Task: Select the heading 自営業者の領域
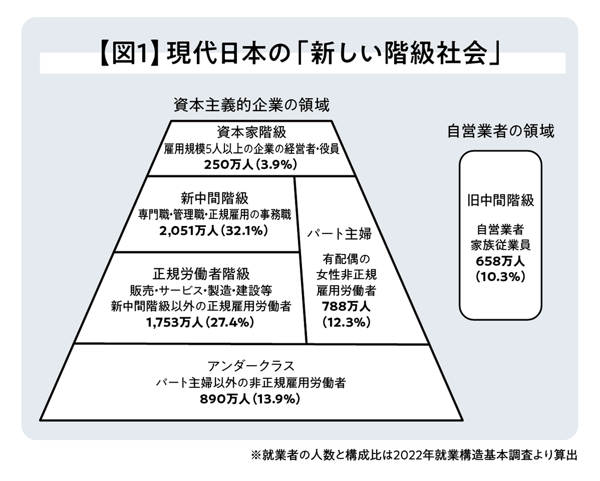tap(501, 131)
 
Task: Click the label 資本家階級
tap(251, 131)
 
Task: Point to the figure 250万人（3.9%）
tap(251, 164)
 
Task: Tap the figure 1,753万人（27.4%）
tap(201, 322)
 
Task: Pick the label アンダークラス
tap(251, 366)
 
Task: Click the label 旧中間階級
tap(500, 201)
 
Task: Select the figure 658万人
tap(500, 261)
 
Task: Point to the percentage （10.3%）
tap(500, 276)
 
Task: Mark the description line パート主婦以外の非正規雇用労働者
tap(251, 383)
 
